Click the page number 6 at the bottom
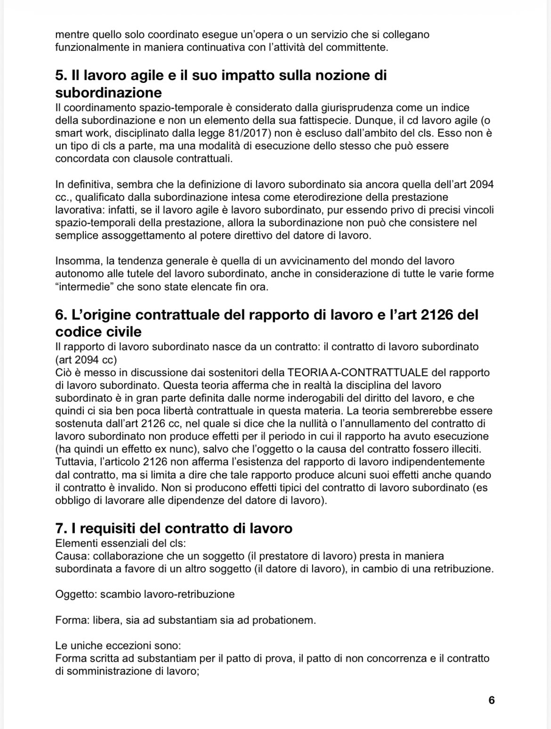[x=492, y=700]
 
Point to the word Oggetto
[x=75, y=594]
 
